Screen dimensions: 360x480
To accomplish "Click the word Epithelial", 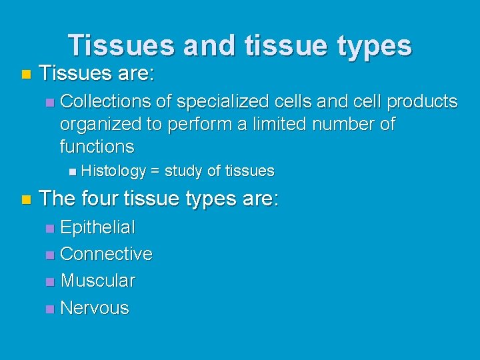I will pos(97,228).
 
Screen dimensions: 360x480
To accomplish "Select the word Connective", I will pos(106,254).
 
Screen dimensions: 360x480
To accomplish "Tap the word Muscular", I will pos(98,281).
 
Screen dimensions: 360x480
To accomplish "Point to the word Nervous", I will pos(95,308).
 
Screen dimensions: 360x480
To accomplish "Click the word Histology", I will pos(114,171).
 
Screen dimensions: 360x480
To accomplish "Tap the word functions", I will pos(97,147).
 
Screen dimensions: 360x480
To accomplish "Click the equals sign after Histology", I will pos(155,171).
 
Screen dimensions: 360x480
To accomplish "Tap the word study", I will pos(183,171).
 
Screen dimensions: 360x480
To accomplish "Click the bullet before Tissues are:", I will pos(25,73).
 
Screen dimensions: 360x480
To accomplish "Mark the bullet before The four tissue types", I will pos(25,199).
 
